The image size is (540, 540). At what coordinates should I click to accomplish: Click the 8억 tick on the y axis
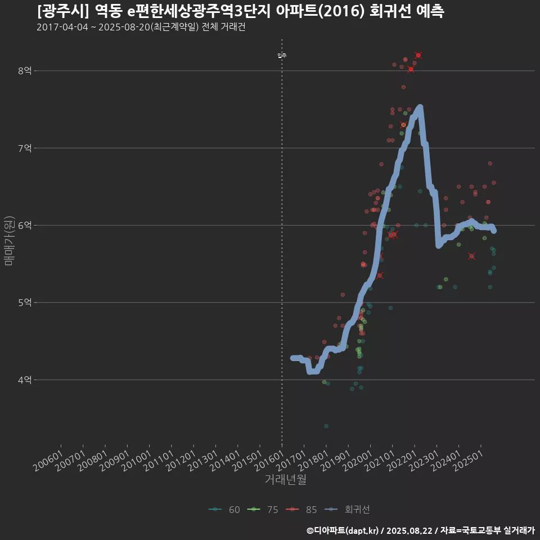pos(25,71)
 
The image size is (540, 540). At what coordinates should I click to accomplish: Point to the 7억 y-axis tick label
pos(25,148)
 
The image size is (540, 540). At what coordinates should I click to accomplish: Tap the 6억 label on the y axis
pos(25,226)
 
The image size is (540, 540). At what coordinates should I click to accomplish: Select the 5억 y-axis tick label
pos(25,303)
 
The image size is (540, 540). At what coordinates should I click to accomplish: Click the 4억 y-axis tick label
pos(25,380)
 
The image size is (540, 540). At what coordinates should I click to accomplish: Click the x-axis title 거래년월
pos(285,480)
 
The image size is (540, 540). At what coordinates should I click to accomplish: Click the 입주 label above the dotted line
pos(282,55)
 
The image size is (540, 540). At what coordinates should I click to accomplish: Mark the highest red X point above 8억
pos(418,55)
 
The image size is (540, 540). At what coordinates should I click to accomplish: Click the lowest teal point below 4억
pos(326,426)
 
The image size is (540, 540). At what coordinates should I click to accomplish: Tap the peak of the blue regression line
pos(420,107)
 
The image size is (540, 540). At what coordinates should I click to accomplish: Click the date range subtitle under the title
pos(141,27)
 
